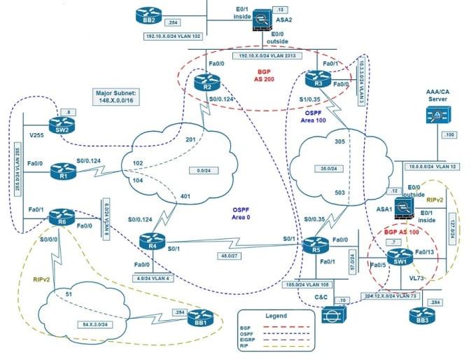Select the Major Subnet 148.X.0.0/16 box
[x=118, y=97]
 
